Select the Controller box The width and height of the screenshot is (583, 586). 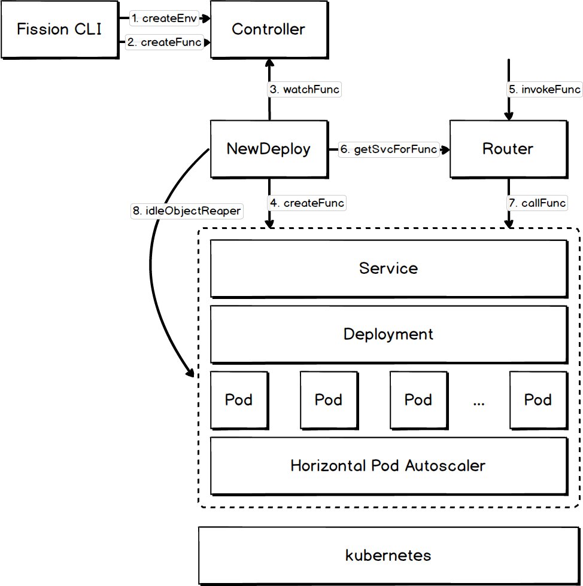268,29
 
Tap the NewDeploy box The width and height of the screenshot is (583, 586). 268,149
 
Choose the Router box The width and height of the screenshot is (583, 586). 508,149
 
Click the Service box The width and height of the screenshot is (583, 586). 388,268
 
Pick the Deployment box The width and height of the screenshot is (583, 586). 388,334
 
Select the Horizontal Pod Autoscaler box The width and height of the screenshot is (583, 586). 388,465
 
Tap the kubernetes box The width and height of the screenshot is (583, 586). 388,555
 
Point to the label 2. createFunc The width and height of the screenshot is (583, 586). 164,42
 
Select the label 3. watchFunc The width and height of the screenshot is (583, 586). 304,90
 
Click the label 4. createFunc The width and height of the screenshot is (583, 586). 307,203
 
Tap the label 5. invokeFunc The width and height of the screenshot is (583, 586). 544,90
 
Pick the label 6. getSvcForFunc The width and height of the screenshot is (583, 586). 388,149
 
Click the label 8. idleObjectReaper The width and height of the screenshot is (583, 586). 187,210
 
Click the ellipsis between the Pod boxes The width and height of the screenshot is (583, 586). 478,402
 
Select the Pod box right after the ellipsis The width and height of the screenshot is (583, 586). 538,399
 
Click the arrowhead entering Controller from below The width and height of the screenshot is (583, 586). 269,63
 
